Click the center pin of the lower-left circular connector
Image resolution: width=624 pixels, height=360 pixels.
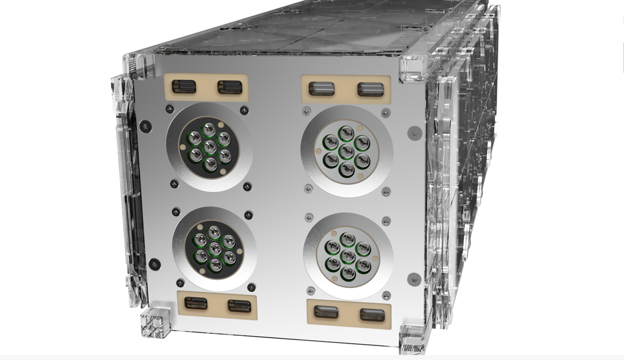click(214, 249)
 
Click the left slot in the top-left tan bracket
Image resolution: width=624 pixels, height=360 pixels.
click(183, 86)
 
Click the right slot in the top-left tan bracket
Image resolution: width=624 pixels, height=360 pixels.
click(230, 87)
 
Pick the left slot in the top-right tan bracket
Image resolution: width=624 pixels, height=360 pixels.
click(322, 89)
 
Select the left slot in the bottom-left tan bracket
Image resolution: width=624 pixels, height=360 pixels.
click(196, 303)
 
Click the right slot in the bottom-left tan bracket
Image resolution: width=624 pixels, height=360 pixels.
click(239, 305)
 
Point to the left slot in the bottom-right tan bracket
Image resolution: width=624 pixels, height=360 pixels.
click(326, 312)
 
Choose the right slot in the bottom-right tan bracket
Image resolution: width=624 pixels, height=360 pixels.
click(372, 314)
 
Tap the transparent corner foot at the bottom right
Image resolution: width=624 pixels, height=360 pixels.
click(412, 339)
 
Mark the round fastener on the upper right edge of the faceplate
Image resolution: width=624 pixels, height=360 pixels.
click(414, 132)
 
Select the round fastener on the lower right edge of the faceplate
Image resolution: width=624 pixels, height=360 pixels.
click(414, 279)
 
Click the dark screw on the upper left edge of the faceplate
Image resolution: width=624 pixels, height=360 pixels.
click(145, 126)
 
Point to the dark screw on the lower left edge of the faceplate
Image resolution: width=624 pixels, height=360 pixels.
click(155, 264)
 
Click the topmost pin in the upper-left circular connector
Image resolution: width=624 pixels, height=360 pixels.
click(209, 129)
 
